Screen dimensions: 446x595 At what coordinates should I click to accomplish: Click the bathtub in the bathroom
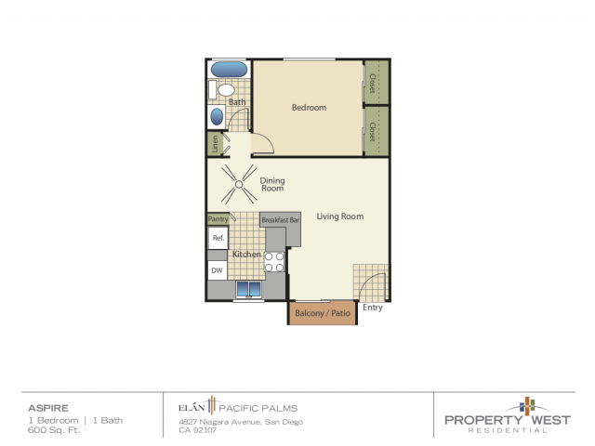click(229, 70)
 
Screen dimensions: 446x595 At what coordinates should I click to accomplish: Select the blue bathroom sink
click(217, 117)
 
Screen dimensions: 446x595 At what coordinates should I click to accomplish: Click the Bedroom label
click(309, 108)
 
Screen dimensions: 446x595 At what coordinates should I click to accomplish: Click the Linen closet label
click(215, 145)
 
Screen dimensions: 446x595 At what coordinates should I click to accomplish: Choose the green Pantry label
click(218, 219)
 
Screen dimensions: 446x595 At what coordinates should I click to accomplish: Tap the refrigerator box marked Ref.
click(218, 238)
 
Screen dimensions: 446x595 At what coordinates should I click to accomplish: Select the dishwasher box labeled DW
click(217, 270)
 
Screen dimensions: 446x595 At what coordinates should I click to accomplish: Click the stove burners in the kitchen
click(274, 262)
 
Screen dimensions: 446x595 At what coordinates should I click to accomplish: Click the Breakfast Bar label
click(281, 220)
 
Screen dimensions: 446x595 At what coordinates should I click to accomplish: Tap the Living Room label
click(339, 216)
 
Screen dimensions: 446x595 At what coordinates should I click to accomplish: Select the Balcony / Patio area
click(322, 313)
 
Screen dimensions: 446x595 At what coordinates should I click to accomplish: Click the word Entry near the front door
click(373, 308)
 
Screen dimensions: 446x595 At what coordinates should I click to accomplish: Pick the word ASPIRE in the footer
click(43, 407)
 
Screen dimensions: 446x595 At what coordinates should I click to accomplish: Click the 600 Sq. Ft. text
click(47, 429)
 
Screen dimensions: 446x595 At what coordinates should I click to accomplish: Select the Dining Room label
click(271, 184)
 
